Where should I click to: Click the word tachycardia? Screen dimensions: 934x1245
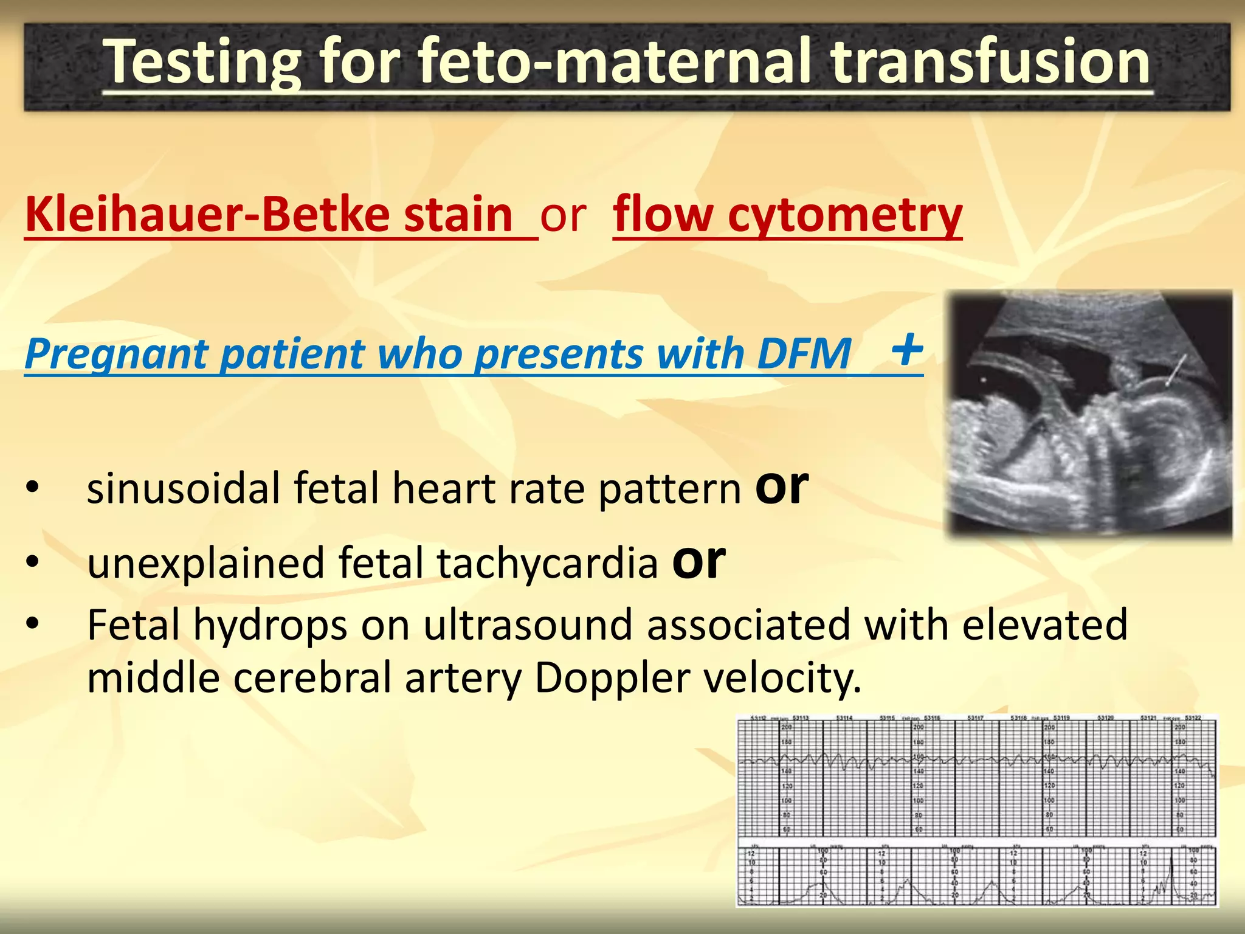point(547,562)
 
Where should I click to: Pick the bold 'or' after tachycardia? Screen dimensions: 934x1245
point(698,561)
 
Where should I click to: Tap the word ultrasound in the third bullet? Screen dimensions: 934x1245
point(528,625)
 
